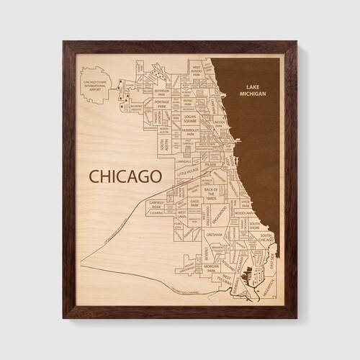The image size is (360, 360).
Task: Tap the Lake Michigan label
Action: (255, 87)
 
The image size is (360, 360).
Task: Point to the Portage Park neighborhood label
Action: (164, 106)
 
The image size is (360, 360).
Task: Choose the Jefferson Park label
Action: (162, 92)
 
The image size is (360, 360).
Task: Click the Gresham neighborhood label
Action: (214, 235)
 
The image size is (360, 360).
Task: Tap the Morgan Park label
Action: (211, 268)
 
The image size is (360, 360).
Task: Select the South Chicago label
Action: (265, 238)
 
